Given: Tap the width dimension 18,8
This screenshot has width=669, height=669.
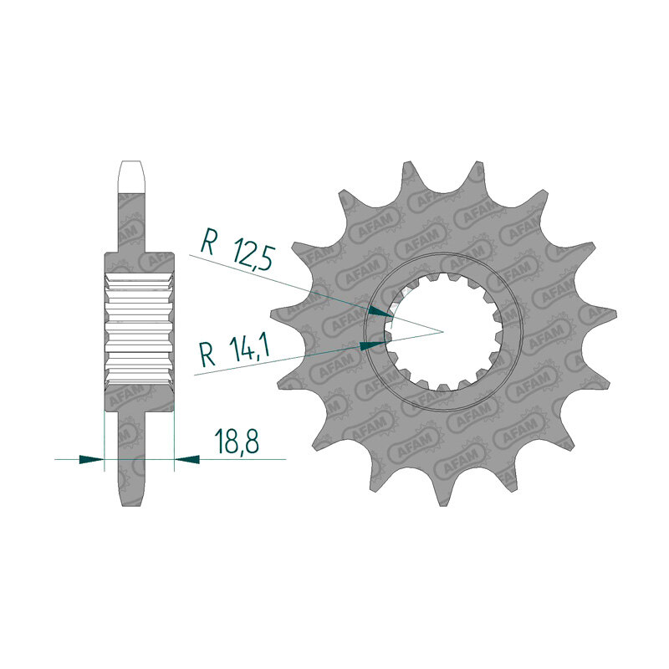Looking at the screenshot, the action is [237, 442].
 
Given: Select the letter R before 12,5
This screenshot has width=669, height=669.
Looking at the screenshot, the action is [207, 242].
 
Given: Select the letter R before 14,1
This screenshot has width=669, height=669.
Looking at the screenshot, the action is [207, 355].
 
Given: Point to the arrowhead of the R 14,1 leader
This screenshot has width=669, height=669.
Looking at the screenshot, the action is [372, 345].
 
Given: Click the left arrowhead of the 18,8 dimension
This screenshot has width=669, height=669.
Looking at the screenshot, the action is [92, 459].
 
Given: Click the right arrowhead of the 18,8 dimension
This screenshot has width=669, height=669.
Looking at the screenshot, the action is [186, 459].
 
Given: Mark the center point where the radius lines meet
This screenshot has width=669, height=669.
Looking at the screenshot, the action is [443, 331].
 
